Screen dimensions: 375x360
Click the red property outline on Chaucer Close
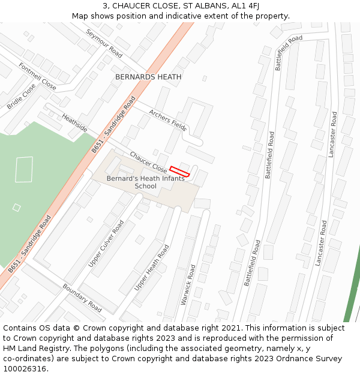click(x=179, y=172)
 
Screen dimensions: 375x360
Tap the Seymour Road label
click(x=104, y=43)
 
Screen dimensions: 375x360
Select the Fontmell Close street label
click(x=37, y=76)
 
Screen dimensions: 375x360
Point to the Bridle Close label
click(x=22, y=96)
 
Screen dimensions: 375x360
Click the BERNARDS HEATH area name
click(x=148, y=77)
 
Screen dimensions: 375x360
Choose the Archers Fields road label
click(x=168, y=120)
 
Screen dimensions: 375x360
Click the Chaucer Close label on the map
click(x=148, y=161)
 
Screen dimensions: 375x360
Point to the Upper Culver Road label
click(x=106, y=243)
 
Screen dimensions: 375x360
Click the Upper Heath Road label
click(x=151, y=268)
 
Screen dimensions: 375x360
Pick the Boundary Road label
click(x=82, y=297)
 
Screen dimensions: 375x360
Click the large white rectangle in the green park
click(x=24, y=169)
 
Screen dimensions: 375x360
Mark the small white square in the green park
click(x=17, y=208)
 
